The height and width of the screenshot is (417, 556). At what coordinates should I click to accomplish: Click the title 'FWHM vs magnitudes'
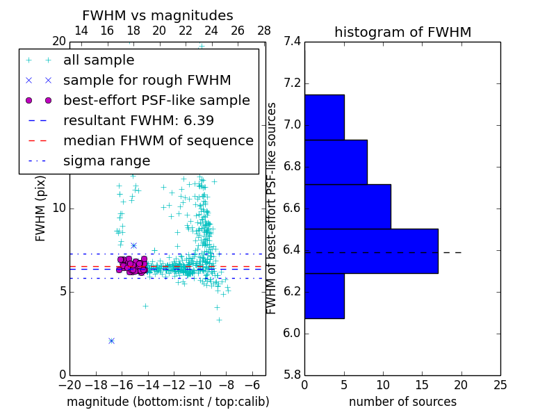click(158, 15)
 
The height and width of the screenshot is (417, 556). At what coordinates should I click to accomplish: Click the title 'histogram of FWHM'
click(402, 32)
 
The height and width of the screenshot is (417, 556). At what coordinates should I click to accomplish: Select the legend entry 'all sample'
click(99, 60)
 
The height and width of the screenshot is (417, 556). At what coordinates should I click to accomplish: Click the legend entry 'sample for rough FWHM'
click(147, 81)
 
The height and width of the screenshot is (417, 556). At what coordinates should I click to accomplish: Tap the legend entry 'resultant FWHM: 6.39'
click(138, 121)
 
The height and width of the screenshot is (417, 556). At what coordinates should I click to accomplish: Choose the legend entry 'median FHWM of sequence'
click(158, 141)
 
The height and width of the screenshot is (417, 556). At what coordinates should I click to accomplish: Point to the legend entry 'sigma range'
click(106, 161)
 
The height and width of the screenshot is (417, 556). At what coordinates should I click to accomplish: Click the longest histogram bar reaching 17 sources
click(371, 251)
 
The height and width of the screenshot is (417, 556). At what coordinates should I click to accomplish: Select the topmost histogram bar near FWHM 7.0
click(325, 117)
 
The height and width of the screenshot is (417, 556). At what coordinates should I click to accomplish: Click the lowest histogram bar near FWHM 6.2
click(325, 295)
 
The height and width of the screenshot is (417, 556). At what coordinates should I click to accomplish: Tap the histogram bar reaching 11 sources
click(347, 206)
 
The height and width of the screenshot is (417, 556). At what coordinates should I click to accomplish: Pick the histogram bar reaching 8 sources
click(336, 162)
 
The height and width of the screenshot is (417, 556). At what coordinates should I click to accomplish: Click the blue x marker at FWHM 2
click(111, 341)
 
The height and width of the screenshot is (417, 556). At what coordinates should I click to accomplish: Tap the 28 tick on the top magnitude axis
click(264, 31)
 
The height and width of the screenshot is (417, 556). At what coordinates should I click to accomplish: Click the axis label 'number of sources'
click(402, 402)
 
